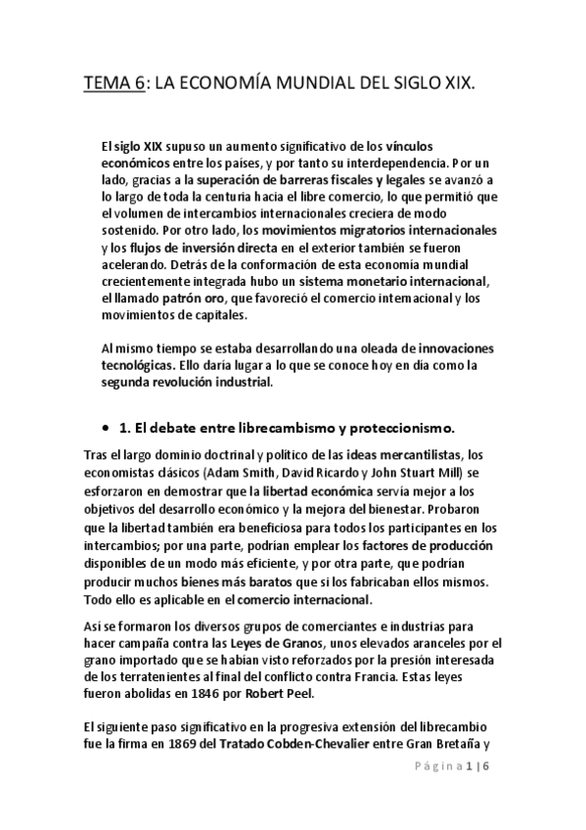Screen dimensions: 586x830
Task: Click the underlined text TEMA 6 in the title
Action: pyautogui.click(x=113, y=86)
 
